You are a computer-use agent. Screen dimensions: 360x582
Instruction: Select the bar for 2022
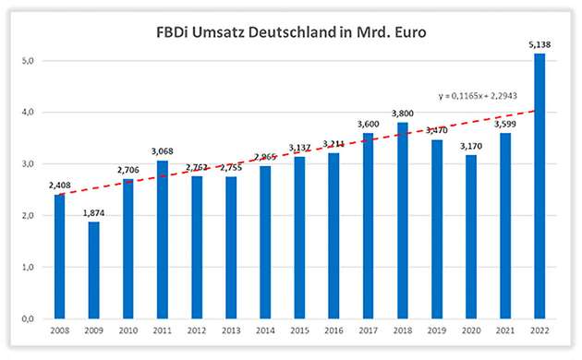pyautogui.click(x=540, y=186)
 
